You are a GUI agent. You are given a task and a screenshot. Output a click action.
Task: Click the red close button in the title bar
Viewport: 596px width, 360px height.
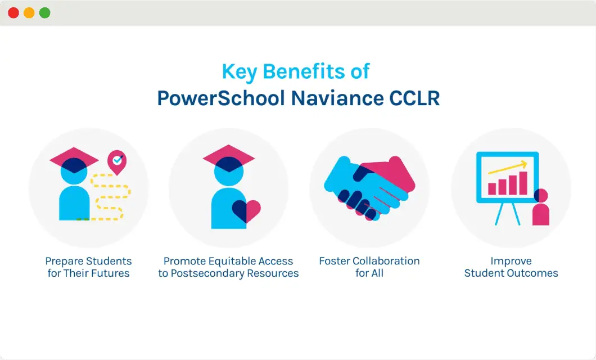13,13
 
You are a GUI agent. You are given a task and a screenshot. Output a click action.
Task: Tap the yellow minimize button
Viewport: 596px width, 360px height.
29,13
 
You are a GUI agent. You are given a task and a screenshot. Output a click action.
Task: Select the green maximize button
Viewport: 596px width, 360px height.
44,13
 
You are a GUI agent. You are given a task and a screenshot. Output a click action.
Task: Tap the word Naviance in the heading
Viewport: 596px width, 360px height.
329,98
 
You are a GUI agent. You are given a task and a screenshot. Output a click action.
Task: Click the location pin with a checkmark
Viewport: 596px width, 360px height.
117,161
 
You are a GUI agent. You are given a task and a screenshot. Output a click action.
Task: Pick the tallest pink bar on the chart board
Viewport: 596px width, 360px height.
523,183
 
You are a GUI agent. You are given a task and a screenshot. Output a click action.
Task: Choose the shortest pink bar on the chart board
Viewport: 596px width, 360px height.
492,188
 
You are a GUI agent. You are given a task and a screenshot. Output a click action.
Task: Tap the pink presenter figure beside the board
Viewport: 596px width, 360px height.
540,209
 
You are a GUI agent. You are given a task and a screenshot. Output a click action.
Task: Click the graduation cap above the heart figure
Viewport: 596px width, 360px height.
229,158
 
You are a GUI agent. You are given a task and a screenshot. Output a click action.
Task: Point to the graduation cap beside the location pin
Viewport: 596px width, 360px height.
75,159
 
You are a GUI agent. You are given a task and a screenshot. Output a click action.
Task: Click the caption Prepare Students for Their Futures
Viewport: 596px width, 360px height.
89,267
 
